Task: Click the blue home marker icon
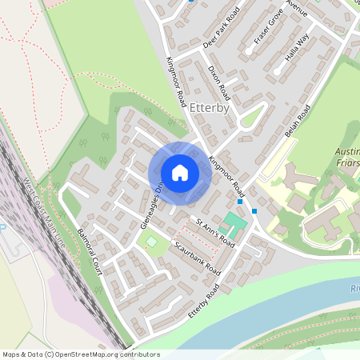pos(179,172)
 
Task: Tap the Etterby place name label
pos(210,106)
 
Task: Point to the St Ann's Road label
pos(216,233)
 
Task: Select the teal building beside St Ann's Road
pos(234,219)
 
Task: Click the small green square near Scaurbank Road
pos(147,241)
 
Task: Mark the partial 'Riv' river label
pos(354,288)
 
